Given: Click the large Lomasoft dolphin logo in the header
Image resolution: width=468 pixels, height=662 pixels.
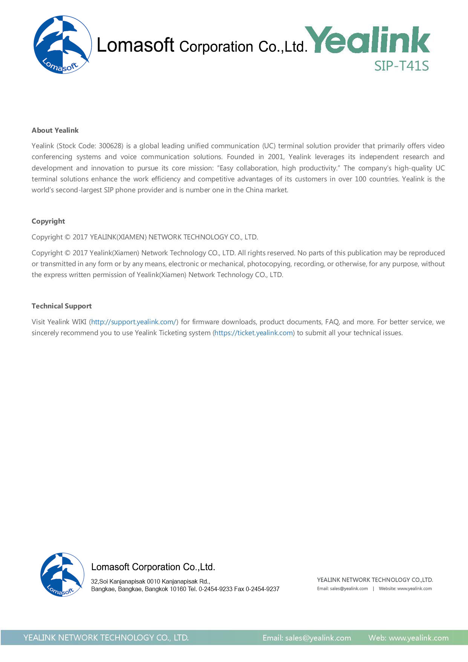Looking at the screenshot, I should pyautogui.click(x=62, y=44).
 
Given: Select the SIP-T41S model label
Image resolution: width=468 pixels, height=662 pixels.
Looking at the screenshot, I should pyautogui.click(x=401, y=66).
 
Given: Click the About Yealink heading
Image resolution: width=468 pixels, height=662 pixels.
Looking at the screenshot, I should pyautogui.click(x=55, y=130).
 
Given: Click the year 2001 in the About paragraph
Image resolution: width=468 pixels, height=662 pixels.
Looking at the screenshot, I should pyautogui.click(x=275, y=157).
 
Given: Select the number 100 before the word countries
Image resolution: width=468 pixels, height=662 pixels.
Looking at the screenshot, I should pyautogui.click(x=360, y=179).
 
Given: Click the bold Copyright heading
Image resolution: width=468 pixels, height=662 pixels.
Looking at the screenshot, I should pyautogui.click(x=48, y=221).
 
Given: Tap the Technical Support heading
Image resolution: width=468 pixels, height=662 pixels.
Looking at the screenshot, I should pyautogui.click(x=61, y=306).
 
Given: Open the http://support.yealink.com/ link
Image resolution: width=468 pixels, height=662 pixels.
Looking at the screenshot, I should pyautogui.click(x=133, y=322).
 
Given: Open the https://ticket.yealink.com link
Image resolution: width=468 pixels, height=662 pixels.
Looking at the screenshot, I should pyautogui.click(x=254, y=333).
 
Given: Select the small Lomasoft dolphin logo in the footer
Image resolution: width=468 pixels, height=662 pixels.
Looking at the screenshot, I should pyautogui.click(x=62, y=575).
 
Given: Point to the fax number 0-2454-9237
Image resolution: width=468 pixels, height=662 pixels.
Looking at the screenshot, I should pyautogui.click(x=263, y=589).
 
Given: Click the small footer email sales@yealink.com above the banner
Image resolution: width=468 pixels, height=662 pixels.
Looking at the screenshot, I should pyautogui.click(x=349, y=588).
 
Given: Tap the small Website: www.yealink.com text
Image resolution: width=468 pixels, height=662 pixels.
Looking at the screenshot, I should pyautogui.click(x=405, y=588).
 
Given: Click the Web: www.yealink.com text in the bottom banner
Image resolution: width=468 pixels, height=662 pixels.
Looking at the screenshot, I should pyautogui.click(x=408, y=638).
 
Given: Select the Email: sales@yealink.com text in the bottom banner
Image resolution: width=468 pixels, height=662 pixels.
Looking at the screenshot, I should pyautogui.click(x=307, y=638).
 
